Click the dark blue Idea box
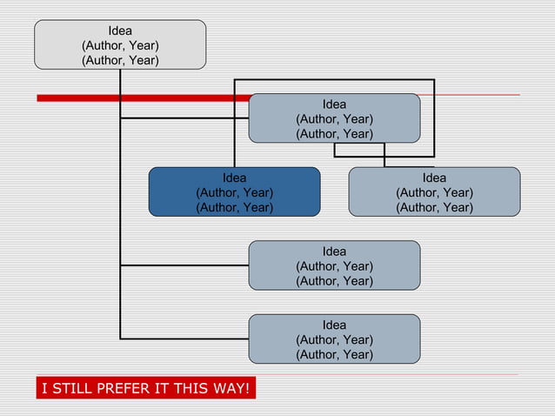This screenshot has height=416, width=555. (x=234, y=191)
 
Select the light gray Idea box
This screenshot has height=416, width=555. (x=120, y=44)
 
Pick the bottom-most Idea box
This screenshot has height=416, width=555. (x=334, y=339)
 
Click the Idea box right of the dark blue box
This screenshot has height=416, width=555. (x=434, y=191)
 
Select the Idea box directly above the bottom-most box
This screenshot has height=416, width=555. (x=334, y=265)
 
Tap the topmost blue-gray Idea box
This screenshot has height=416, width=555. (x=334, y=118)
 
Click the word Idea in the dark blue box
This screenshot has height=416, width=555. (x=234, y=178)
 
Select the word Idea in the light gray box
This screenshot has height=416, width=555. (x=120, y=30)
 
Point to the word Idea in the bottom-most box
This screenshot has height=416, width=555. (x=334, y=325)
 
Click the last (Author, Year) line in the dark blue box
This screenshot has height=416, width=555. (x=234, y=207)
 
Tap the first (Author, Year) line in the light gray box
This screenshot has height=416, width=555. (x=120, y=45)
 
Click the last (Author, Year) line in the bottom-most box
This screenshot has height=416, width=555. (x=334, y=354)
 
